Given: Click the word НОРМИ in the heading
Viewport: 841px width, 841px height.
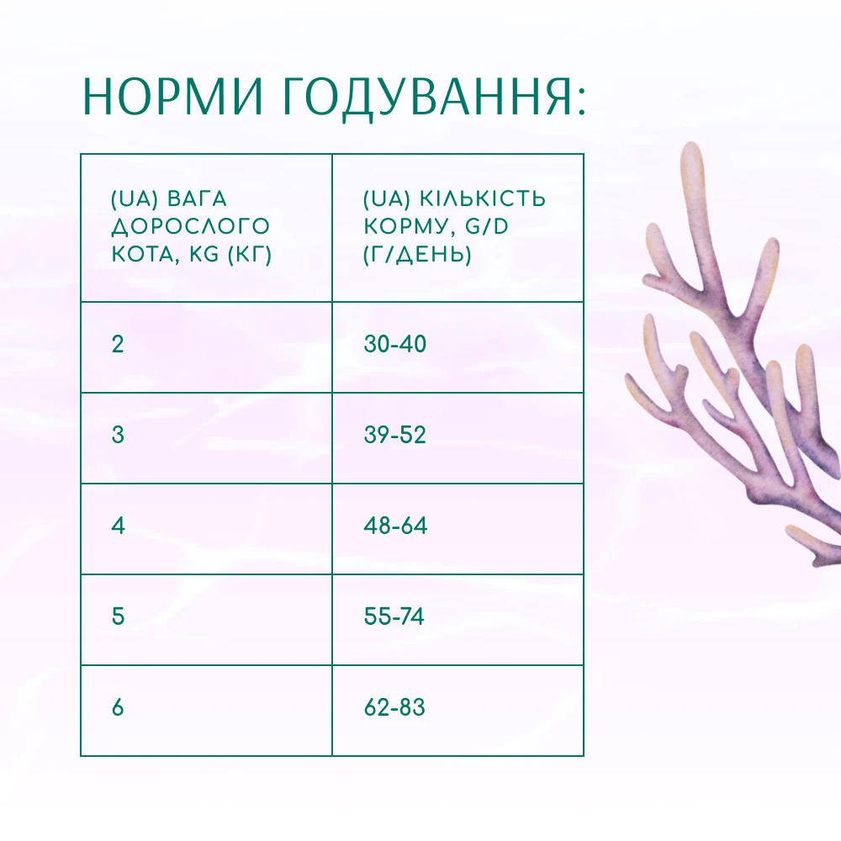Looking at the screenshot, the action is (x=172, y=97).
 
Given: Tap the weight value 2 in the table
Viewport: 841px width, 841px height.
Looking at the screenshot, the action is (x=118, y=344).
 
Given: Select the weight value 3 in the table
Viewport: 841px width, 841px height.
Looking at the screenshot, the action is (x=118, y=435).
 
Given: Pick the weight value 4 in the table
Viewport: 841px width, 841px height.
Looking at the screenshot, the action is (x=118, y=526).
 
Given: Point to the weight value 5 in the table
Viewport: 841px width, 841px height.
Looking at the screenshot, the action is (x=118, y=616).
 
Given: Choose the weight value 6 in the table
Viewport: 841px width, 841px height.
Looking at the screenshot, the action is (x=118, y=707).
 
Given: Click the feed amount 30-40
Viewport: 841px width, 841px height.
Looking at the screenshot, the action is (x=394, y=344).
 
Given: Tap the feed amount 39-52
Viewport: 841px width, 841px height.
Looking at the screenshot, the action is (x=394, y=435).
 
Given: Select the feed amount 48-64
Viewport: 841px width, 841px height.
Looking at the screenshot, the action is (x=395, y=526).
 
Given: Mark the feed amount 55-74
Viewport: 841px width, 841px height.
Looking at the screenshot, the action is (x=394, y=616).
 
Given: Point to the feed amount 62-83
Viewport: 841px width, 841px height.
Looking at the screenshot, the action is (x=394, y=707).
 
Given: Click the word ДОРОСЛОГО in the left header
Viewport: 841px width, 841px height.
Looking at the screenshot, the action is (x=190, y=227).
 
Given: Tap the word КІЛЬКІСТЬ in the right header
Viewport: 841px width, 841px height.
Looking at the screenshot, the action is (x=482, y=199).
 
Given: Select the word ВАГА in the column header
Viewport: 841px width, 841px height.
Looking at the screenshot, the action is (x=197, y=199).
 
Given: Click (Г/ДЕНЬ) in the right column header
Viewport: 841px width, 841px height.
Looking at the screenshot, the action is (x=417, y=254).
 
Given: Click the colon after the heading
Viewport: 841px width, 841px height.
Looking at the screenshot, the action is (x=582, y=102).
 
